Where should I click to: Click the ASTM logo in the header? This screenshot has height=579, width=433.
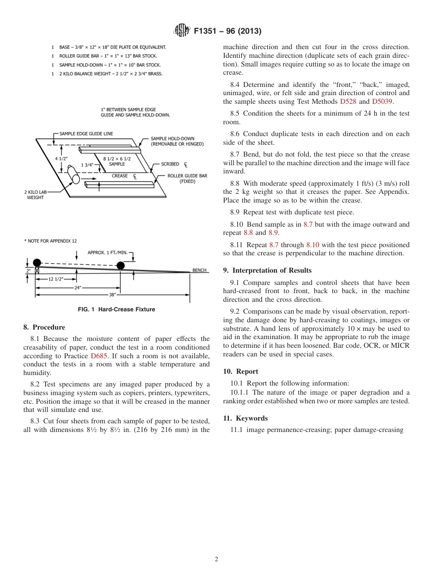tap(182, 31)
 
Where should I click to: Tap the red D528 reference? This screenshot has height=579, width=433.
tap(348, 102)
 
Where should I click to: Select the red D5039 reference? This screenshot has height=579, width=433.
tap(382, 102)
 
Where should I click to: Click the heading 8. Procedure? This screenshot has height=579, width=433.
tap(44, 327)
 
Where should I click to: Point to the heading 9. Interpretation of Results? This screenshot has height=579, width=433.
tap(267, 270)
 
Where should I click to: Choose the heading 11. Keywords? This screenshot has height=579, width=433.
tap(245, 418)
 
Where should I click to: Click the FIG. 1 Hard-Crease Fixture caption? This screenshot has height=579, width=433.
tap(116, 310)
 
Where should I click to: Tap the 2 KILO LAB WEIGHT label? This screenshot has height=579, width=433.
tap(35, 195)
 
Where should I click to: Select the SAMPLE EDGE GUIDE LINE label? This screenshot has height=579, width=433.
tap(86, 134)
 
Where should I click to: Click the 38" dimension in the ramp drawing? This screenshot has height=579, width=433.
tap(112, 295)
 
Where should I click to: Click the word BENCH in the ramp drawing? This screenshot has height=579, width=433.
tap(200, 270)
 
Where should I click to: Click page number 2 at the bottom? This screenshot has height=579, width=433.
tap(216, 559)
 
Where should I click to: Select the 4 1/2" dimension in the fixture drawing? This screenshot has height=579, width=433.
tap(62, 158)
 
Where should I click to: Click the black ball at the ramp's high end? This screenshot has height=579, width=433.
tap(37, 263)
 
